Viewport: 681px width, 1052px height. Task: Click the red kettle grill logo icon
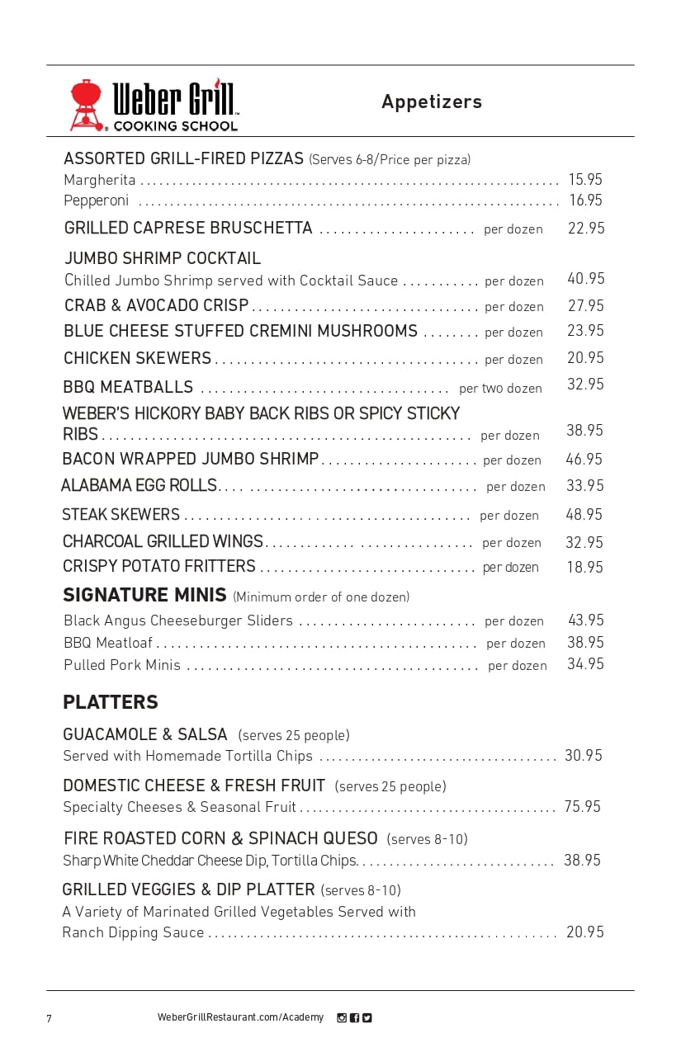click(x=85, y=105)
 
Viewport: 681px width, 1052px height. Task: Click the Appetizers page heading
click(x=432, y=101)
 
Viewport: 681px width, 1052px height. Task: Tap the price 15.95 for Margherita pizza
click(x=585, y=179)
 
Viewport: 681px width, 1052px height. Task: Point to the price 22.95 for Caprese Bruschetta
click(x=586, y=228)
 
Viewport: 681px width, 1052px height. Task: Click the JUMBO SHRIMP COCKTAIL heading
click(x=163, y=258)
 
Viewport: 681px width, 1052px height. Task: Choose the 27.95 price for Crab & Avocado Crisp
click(x=586, y=305)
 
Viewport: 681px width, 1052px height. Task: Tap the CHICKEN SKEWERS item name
click(x=137, y=358)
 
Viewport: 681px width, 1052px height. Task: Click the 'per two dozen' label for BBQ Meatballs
click(x=500, y=388)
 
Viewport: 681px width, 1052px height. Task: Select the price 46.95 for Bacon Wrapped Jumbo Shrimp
click(x=584, y=459)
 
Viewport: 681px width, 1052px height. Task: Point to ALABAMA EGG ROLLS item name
click(x=139, y=485)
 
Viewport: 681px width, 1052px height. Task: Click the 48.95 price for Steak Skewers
click(x=584, y=514)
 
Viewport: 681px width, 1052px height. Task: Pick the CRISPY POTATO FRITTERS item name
click(x=159, y=566)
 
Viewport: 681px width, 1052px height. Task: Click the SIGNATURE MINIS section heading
click(x=144, y=595)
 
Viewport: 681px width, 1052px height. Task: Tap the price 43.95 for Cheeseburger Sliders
click(x=586, y=620)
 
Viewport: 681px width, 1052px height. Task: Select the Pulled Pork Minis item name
click(x=122, y=665)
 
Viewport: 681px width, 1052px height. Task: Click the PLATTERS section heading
click(x=111, y=702)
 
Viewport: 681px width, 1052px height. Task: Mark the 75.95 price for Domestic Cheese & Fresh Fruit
click(x=583, y=806)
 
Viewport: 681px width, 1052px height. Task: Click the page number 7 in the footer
click(x=49, y=1018)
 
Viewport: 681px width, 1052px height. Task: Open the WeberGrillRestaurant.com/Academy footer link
click(x=240, y=1017)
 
